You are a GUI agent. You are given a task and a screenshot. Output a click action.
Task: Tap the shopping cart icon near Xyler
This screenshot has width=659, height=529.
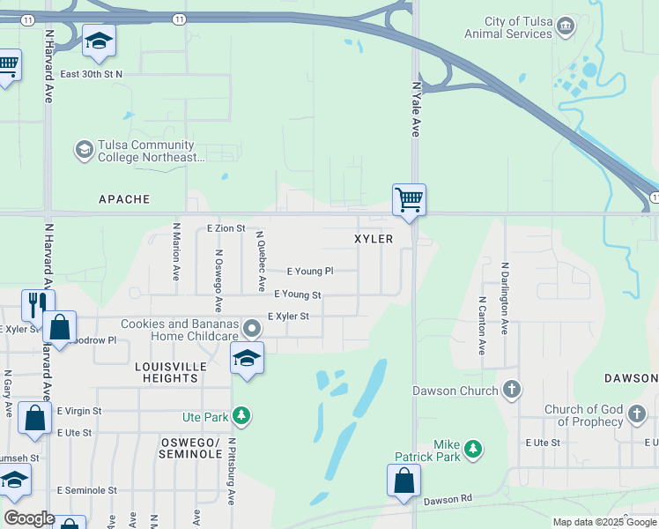[409, 199]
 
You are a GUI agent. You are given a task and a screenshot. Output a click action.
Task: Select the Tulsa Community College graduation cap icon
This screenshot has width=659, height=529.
[85, 149]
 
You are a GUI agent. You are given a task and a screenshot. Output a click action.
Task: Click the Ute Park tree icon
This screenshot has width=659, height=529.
[241, 416]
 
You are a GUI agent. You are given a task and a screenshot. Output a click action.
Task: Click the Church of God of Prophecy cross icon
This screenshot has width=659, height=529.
[637, 413]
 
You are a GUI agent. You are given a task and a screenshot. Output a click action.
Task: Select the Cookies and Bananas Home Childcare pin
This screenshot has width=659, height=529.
[252, 329]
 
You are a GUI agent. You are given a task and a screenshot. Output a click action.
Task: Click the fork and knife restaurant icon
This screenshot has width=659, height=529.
[38, 305]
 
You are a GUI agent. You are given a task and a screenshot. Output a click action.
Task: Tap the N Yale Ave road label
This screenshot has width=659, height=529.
[416, 109]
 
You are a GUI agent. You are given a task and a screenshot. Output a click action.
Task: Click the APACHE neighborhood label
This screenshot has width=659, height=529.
[124, 199]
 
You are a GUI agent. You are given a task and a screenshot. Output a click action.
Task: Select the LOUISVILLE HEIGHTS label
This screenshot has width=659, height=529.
[170, 372]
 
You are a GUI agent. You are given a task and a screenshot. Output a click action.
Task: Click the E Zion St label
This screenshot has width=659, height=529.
[226, 228]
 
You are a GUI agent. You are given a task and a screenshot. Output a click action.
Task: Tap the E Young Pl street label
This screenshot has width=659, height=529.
[310, 272]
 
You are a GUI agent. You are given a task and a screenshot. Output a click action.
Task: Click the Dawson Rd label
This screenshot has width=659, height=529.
[448, 499]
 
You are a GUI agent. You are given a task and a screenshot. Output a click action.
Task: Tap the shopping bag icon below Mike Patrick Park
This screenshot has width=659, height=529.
[404, 481]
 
